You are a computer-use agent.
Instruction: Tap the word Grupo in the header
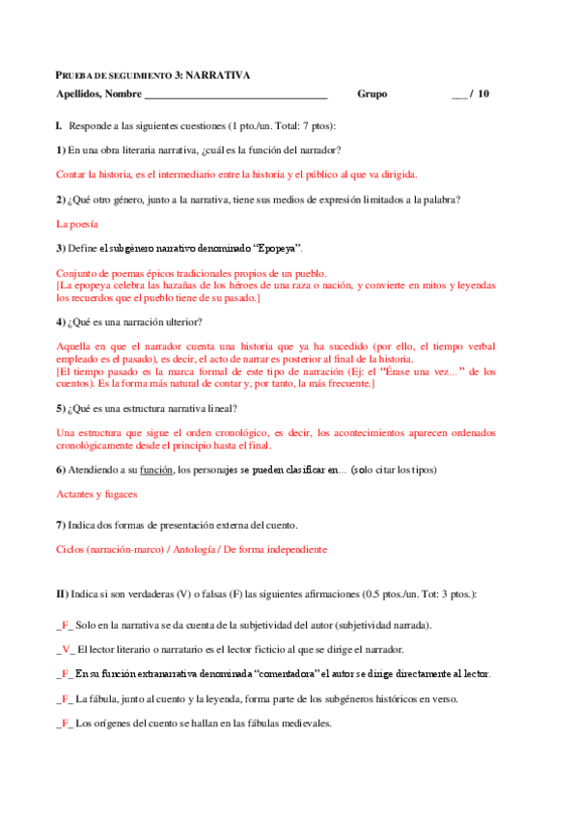coord(372,95)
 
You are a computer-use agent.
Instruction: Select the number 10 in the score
coord(482,95)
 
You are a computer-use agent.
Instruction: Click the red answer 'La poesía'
coord(77,224)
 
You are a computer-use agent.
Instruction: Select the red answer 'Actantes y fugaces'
coord(96,494)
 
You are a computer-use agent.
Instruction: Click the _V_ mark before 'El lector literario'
coord(65,649)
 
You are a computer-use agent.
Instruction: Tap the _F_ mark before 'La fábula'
coord(65,698)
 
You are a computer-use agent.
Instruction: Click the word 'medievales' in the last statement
coord(303,723)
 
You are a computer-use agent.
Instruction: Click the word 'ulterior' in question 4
coord(181,321)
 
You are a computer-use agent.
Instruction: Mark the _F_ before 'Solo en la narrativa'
coord(65,625)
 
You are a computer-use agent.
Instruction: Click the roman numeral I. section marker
coord(60,126)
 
